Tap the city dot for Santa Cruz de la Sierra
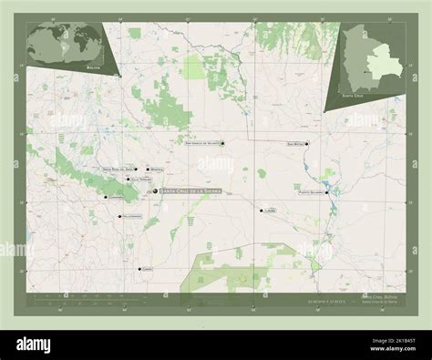158,190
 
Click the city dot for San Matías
308,143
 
